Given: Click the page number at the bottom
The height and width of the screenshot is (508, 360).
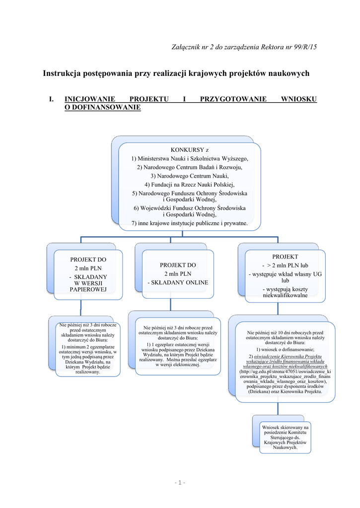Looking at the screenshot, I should click(x=179, y=483).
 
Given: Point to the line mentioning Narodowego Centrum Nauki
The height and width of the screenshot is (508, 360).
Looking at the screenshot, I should click(x=189, y=176).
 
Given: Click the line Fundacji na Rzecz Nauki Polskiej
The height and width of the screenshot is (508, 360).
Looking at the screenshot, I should click(x=189, y=184).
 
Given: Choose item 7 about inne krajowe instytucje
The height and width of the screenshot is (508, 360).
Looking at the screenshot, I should click(x=189, y=223).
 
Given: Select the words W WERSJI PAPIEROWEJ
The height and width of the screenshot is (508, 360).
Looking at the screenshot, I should click(x=88, y=286).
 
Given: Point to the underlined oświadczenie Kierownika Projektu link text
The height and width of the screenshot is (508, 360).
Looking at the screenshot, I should click(x=288, y=357).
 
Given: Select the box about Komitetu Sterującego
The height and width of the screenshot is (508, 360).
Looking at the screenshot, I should click(x=285, y=437).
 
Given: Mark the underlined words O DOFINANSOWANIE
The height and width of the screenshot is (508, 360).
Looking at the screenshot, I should click(x=103, y=107).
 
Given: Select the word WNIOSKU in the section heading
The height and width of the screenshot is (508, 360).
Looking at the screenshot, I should click(x=298, y=99).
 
